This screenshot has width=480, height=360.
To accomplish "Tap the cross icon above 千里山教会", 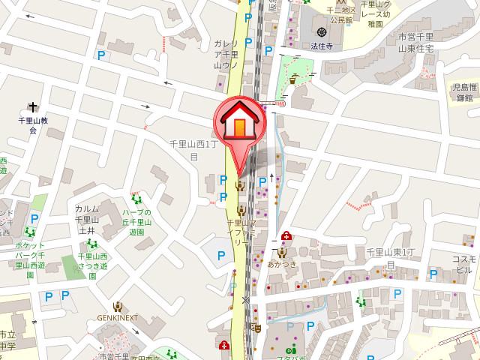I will coord(33,107).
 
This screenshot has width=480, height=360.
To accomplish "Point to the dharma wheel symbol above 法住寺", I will coord(322,32).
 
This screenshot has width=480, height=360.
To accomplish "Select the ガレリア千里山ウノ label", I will coord(226,55).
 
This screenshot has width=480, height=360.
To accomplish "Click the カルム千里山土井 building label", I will coord(86,220).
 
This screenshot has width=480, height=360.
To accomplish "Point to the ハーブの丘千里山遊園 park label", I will coord(136,222).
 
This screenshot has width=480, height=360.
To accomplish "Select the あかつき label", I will coord(283,264).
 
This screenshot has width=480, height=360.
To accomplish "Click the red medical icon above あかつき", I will coord(285,236).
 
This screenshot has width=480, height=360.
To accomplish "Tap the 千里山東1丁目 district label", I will coord(390,259).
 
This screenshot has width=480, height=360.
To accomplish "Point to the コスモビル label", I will coord(463,264).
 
